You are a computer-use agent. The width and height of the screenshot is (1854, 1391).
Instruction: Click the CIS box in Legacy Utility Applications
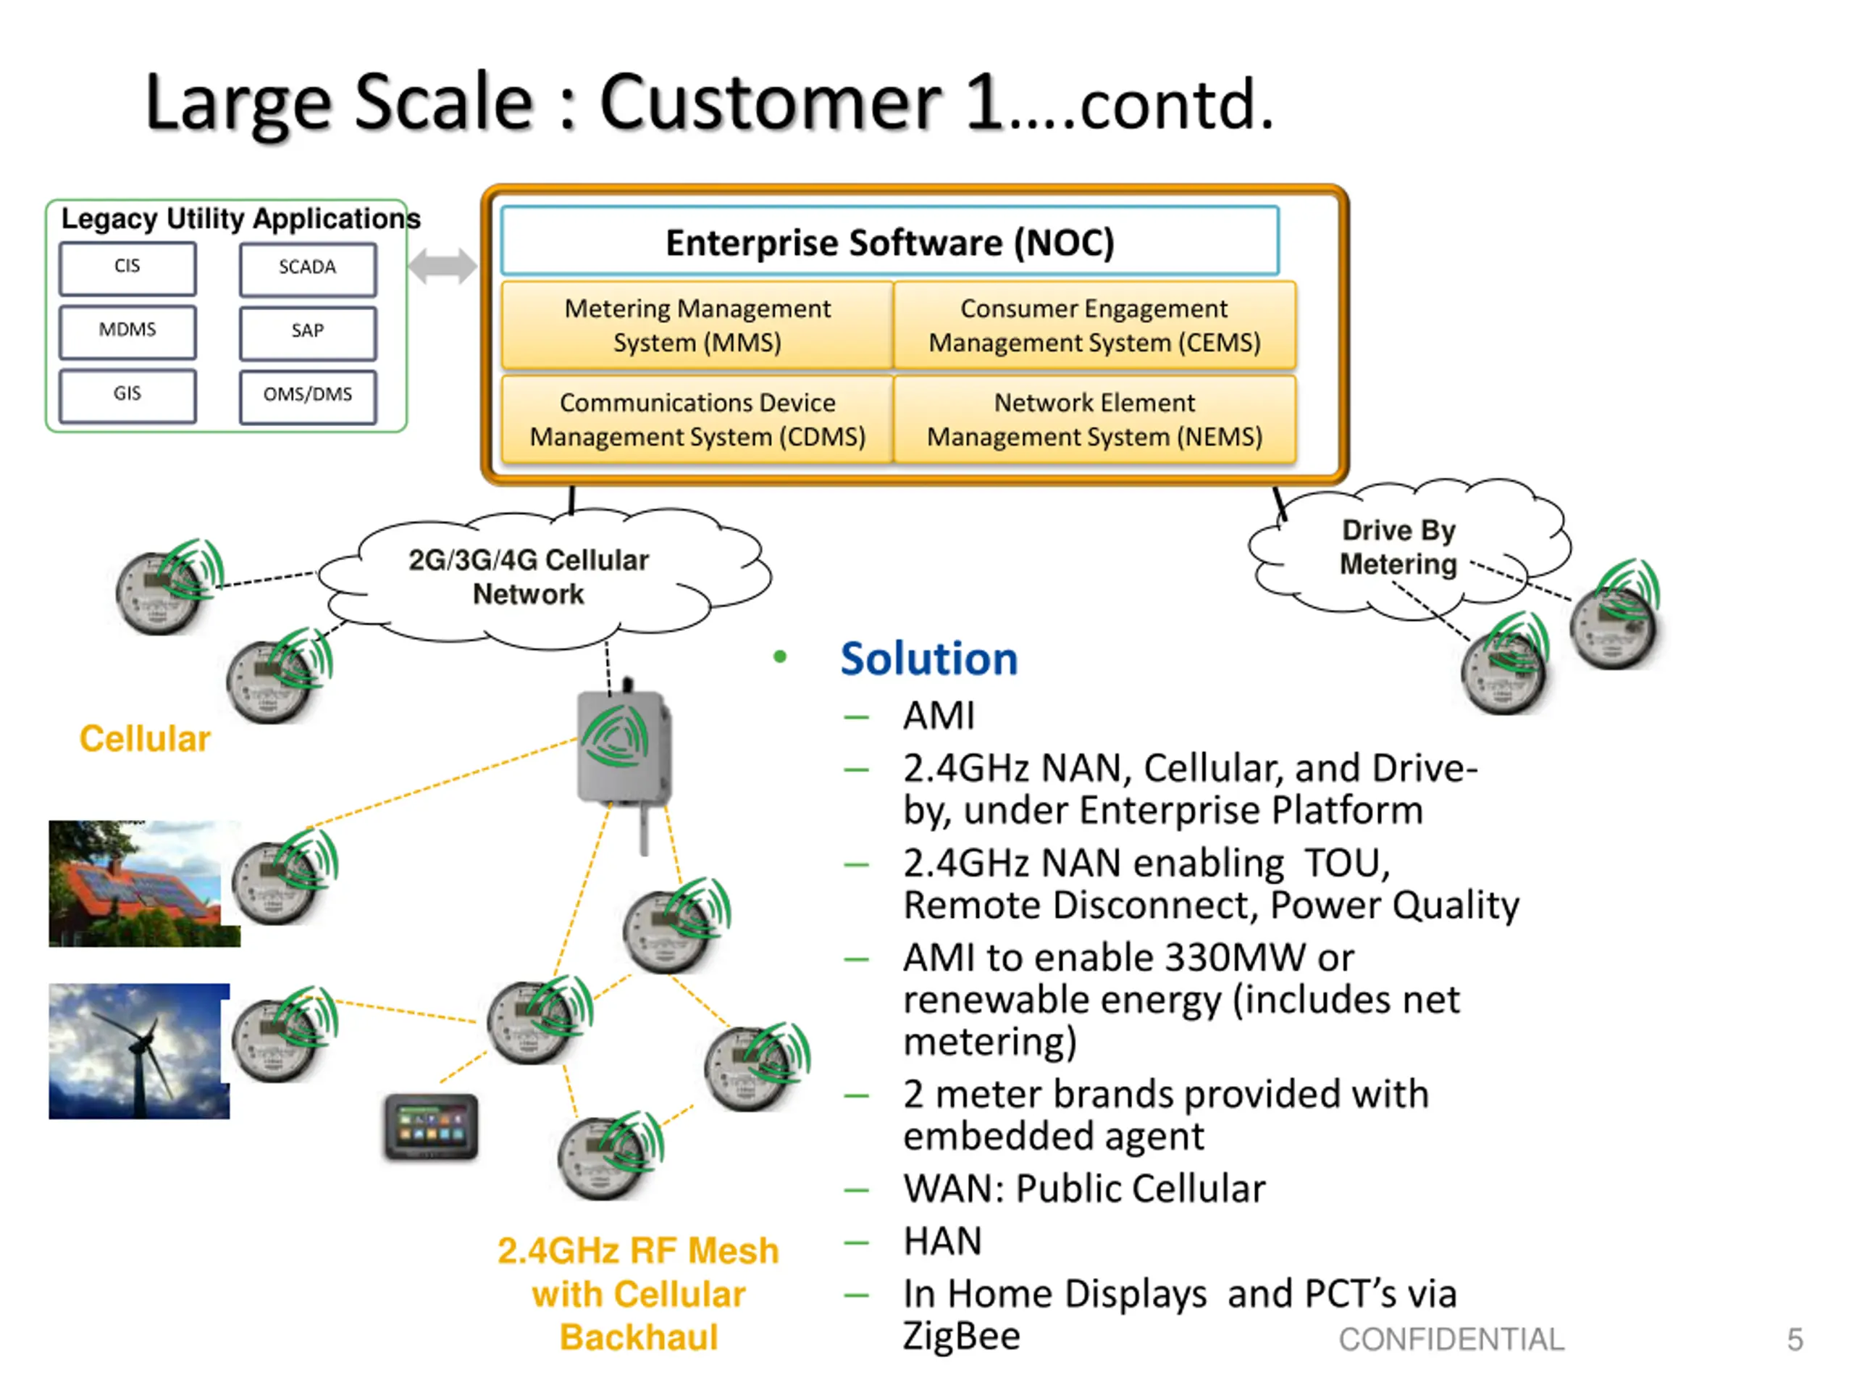click(127, 268)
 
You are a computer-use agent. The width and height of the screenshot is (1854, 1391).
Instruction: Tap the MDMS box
click(127, 332)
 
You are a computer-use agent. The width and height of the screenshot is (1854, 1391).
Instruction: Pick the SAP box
click(308, 333)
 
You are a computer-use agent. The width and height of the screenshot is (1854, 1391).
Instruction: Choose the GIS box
click(127, 396)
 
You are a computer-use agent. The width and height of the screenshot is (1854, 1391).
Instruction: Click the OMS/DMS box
click(308, 396)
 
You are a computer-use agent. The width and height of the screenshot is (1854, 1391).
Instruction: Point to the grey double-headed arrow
click(442, 267)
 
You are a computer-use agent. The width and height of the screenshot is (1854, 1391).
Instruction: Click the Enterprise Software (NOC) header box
click(889, 241)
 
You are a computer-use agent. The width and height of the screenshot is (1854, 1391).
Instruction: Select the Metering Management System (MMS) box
click(697, 325)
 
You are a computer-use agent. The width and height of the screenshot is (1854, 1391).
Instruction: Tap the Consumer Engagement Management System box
click(1094, 325)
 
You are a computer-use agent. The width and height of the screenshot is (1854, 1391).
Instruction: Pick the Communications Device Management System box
click(697, 419)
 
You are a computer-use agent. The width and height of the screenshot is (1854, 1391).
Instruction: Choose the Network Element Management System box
click(1094, 419)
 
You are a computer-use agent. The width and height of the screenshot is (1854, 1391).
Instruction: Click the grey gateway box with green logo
click(622, 745)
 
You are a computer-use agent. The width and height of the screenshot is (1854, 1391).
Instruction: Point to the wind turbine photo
click(138, 1050)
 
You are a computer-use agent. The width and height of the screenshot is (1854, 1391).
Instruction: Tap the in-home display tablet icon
click(431, 1126)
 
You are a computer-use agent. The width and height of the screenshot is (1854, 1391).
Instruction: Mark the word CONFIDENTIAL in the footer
click(1451, 1339)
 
